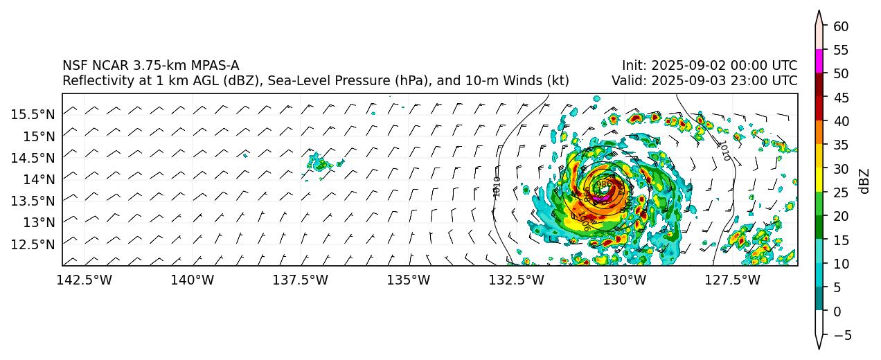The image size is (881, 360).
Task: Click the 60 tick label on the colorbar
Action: tap(841, 26)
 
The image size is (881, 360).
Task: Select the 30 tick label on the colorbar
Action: tap(841, 169)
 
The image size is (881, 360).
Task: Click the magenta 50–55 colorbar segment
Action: tap(819, 61)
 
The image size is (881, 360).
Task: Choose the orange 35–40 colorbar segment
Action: tap(819, 132)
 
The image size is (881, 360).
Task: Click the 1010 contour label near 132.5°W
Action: tap(497, 187)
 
